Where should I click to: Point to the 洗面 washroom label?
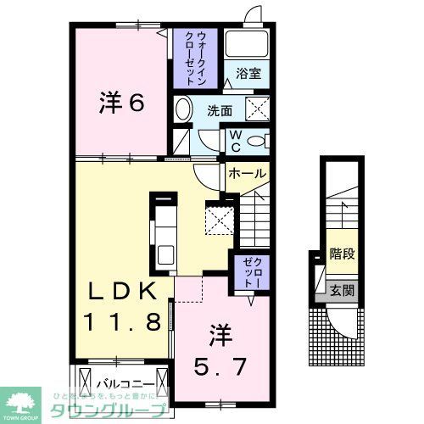(x=221, y=109)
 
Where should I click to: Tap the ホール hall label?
(x=247, y=173)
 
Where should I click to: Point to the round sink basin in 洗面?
(x=183, y=109)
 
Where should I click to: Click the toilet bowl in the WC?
(x=258, y=141)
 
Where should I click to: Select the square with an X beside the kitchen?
(x=220, y=219)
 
